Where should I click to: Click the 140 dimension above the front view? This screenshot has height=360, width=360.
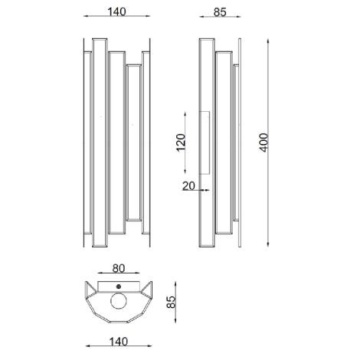pyautogui.click(x=117, y=11)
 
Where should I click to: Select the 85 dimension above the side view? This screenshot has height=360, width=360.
pyautogui.click(x=219, y=11)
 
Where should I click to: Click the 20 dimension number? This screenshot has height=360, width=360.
pyautogui.click(x=189, y=185)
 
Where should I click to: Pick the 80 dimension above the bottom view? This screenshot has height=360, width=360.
pyautogui.click(x=119, y=269)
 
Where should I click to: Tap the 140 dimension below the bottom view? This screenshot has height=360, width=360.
pyautogui.click(x=118, y=346)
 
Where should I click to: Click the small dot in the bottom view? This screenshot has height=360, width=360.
pyautogui.click(x=119, y=287)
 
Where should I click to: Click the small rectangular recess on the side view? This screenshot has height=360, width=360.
pyautogui.click(x=205, y=142)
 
